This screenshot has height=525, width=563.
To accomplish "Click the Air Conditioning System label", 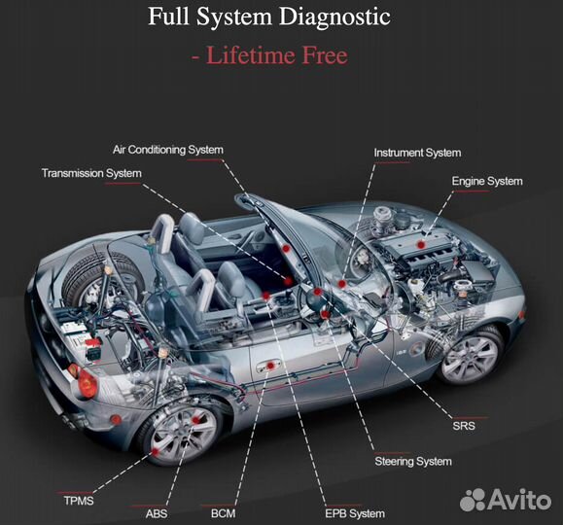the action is pyautogui.click(x=168, y=150).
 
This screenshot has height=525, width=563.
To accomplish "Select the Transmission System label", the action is pyautogui.click(x=91, y=173).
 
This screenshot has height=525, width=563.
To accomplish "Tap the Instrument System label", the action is pyautogui.click(x=417, y=153).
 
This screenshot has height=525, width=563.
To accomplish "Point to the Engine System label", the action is pyautogui.click(x=487, y=182).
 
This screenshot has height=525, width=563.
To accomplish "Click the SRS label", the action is pyautogui.click(x=464, y=426).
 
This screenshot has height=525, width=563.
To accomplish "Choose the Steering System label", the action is pyautogui.click(x=413, y=462).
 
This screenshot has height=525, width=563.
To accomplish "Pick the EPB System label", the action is pyautogui.click(x=355, y=514).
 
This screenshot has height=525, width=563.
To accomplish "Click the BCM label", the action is pyautogui.click(x=224, y=513).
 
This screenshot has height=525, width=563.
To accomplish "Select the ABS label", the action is pyautogui.click(x=157, y=514).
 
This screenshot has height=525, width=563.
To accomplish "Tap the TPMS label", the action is pyautogui.click(x=79, y=501).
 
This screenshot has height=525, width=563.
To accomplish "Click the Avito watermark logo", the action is pyautogui.click(x=506, y=499).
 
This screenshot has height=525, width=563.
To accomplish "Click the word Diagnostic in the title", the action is pyautogui.click(x=335, y=17).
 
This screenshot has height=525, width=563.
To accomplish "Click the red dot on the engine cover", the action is pyautogui.click(x=421, y=245).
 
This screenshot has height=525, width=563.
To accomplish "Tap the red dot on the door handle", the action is pyautogui.click(x=270, y=366).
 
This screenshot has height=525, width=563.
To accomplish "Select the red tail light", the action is pyautogui.click(x=88, y=383).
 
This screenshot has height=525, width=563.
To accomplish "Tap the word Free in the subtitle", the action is pyautogui.click(x=326, y=55).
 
